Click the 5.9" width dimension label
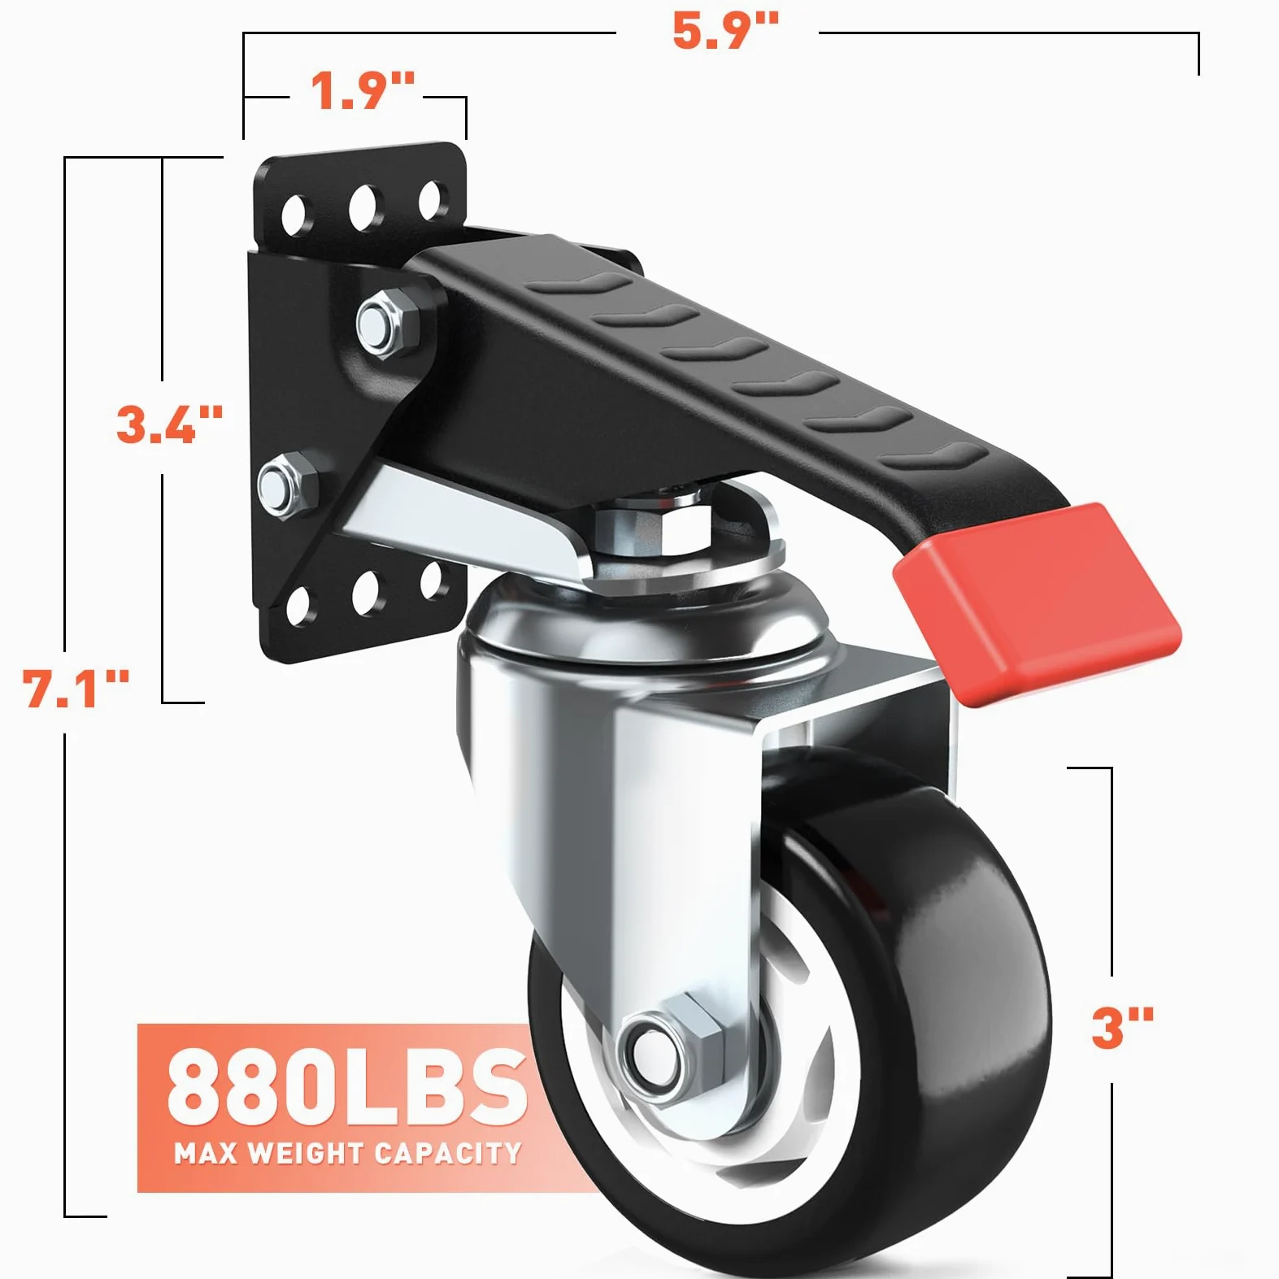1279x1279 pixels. click(725, 33)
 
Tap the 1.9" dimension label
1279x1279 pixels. click(363, 90)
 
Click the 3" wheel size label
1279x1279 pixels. click(1123, 1027)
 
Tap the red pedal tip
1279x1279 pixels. click(1037, 603)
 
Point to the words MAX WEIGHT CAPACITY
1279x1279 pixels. click(347, 1153)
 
